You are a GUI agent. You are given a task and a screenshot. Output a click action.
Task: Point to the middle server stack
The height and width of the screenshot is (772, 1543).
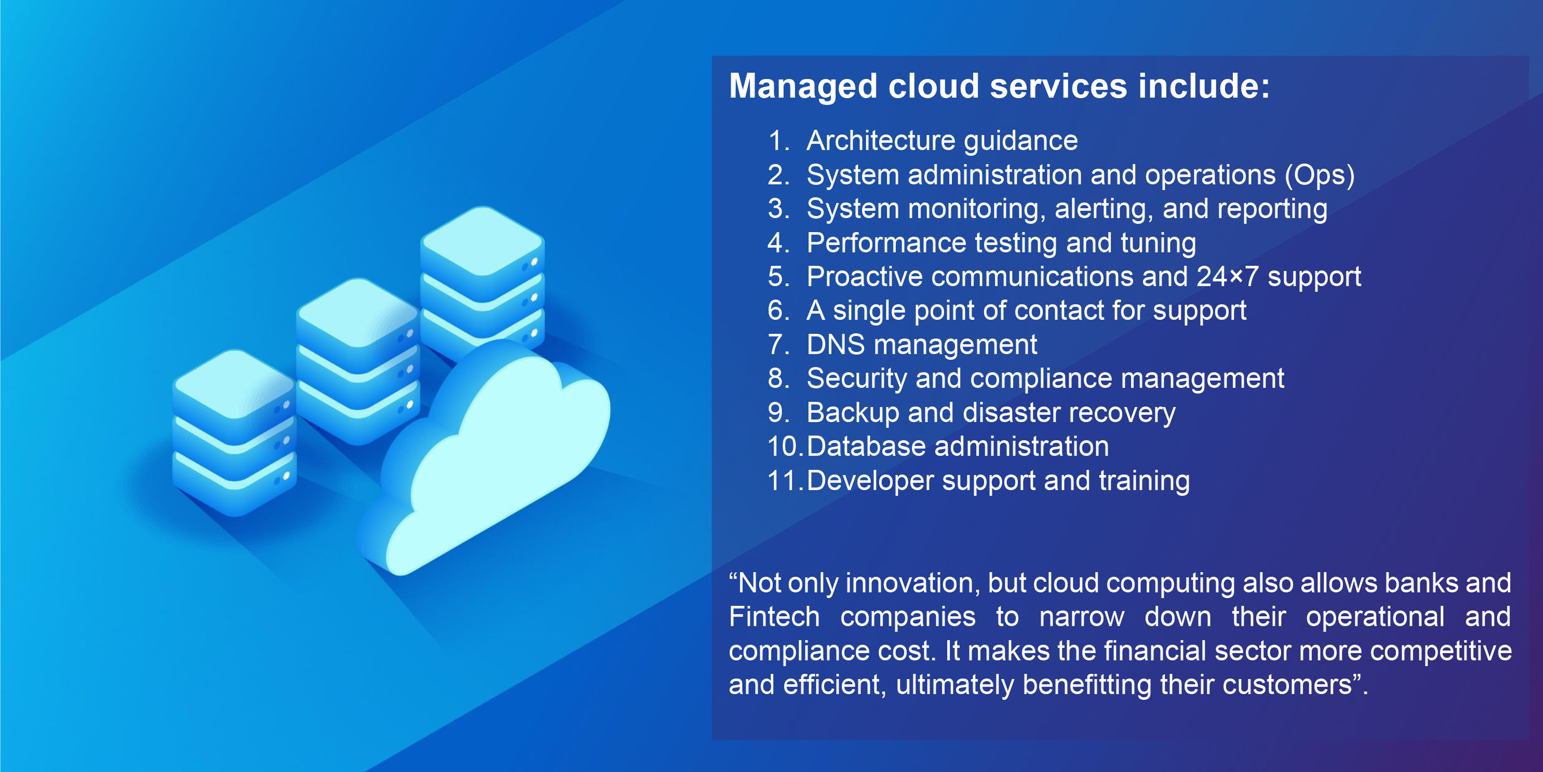click(357, 360)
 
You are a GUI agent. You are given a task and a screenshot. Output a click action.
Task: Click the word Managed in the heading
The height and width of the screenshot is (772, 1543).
click(803, 86)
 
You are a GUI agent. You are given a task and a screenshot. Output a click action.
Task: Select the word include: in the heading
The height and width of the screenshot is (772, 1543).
click(1204, 86)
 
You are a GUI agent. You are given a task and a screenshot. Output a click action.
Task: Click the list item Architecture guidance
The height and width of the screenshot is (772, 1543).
click(942, 141)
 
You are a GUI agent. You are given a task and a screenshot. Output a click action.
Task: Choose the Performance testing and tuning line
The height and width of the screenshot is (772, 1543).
click(1001, 243)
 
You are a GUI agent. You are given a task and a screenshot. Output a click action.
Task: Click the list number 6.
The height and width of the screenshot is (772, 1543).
click(779, 311)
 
